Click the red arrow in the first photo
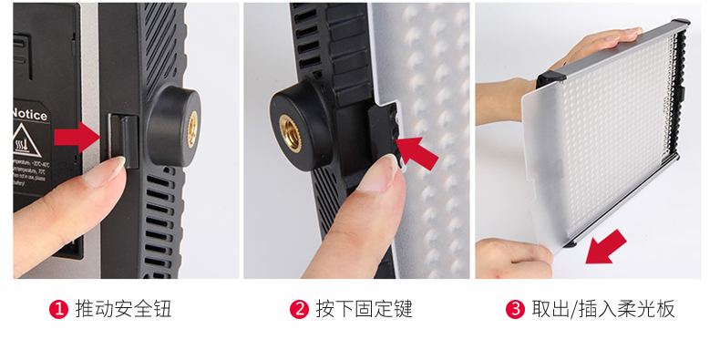coord(77,138)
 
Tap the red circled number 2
coord(299,309)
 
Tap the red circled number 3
coord(515,309)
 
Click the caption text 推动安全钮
coord(123,309)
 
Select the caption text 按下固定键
coord(364,309)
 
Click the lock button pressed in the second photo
coord(384,137)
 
